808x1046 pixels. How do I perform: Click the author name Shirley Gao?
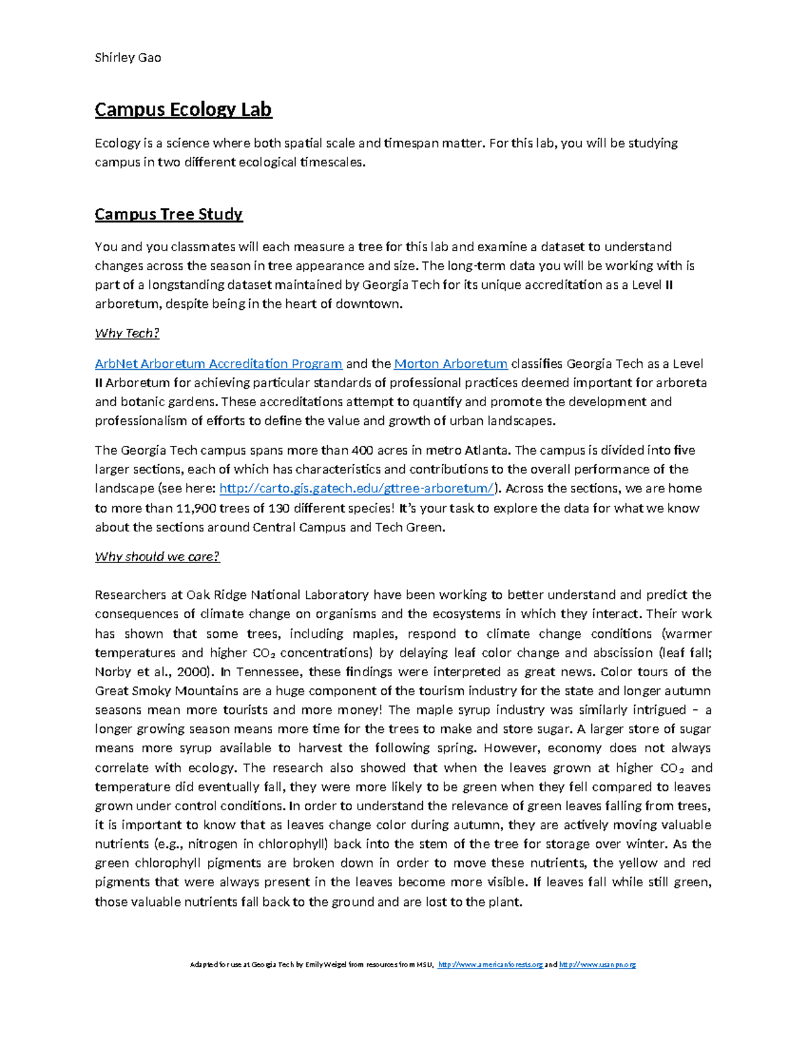pos(128,57)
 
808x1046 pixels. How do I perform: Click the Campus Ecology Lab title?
pos(183,109)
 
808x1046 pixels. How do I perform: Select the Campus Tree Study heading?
pos(168,214)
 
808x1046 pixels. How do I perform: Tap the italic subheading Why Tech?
pos(127,333)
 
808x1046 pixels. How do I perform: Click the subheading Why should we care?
pos(157,556)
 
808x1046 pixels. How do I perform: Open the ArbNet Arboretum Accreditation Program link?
pos(219,364)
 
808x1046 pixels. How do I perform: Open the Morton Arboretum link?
pos(450,364)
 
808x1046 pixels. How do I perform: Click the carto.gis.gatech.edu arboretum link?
pos(358,488)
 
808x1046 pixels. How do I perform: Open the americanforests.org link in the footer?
pos(490,965)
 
